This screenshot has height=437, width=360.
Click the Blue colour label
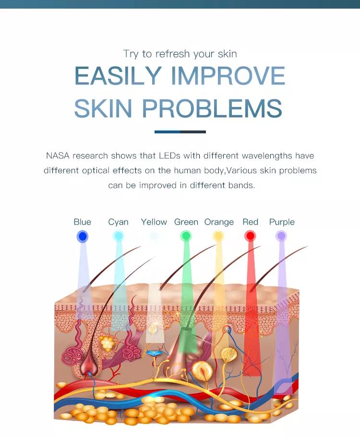[82, 222]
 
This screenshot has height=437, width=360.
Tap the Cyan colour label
[118, 222]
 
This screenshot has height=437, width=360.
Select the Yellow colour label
[154, 222]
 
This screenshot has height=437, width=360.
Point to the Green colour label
[186, 222]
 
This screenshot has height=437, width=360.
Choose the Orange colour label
[219, 222]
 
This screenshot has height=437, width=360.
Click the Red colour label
[250, 222]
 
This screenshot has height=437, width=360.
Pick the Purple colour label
[282, 222]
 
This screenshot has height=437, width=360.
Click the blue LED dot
[83, 236]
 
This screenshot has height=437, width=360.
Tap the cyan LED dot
[118, 236]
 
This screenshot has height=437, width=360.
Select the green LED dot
[186, 236]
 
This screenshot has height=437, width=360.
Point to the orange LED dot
[218, 236]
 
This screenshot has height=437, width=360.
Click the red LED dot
[250, 236]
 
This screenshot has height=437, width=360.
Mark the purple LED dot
[281, 236]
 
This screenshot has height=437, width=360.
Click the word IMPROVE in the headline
[228, 76]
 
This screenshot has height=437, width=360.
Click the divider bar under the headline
[180, 131]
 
